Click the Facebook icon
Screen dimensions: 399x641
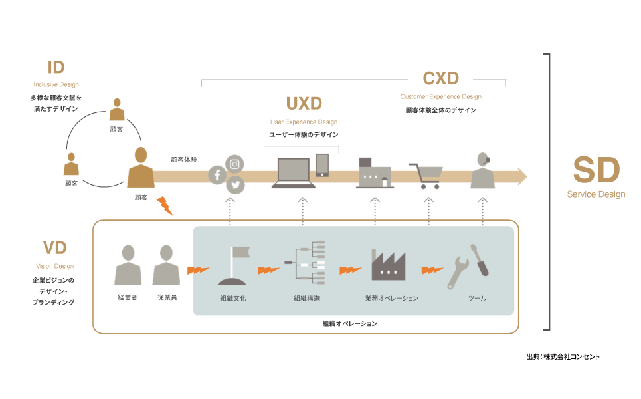point(217,176)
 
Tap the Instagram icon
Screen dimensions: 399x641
point(235,164)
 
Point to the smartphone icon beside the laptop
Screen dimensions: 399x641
point(322,166)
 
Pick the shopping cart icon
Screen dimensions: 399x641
point(425,176)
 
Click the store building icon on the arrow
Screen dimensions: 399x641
point(375,173)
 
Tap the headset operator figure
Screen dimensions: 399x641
point(483,171)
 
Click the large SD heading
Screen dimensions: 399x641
point(596,170)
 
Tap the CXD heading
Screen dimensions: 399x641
point(440,78)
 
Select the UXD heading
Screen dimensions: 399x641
point(304,104)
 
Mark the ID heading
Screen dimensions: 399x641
point(56,67)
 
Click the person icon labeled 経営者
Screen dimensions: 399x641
point(128,265)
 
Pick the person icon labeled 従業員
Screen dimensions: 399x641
point(167,265)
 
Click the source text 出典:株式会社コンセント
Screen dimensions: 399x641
point(562,357)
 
